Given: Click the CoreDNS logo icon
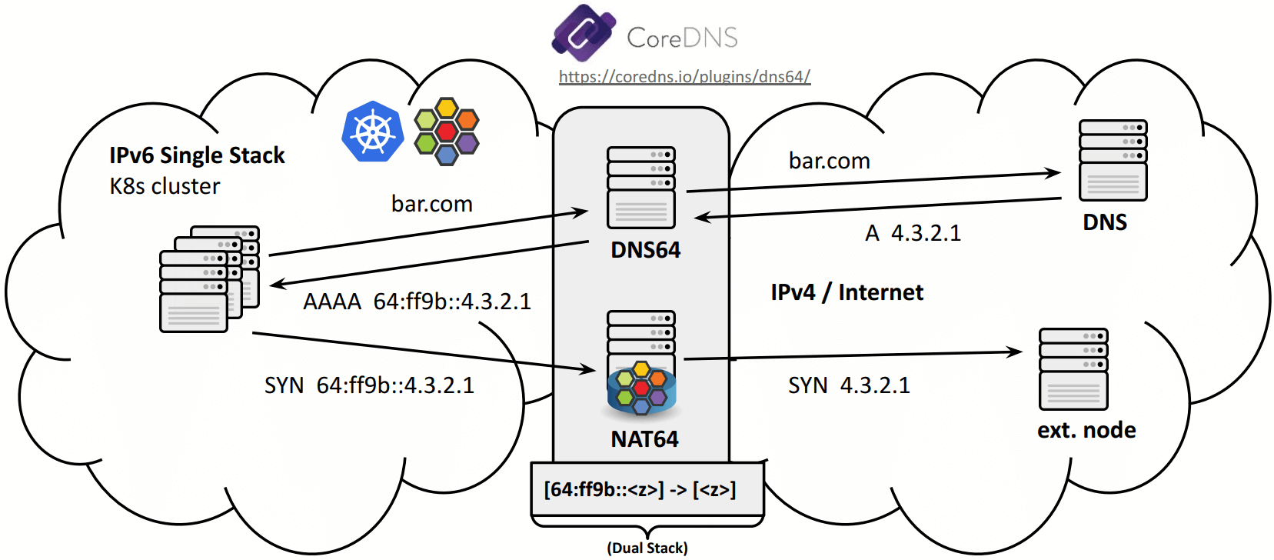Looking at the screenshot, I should [584, 33].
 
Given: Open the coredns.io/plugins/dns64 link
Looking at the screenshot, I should [684, 77].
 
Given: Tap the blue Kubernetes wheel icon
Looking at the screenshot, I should [373, 132].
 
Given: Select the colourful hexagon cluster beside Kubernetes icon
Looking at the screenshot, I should [447, 132].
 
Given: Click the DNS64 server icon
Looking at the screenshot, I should [641, 188].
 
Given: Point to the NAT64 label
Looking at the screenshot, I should [644, 439].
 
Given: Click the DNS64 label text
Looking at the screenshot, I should [645, 250].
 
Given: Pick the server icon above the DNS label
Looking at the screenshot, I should [1113, 160].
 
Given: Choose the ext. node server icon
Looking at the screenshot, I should [1073, 369].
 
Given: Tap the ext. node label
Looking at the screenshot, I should [1086, 430].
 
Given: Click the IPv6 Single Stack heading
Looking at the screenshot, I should [197, 155].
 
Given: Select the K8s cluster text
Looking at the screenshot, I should [165, 186].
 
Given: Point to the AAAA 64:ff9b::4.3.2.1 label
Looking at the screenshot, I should [417, 302].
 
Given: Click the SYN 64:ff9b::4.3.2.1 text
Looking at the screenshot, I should [369, 385].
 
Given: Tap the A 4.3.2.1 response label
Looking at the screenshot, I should [913, 233].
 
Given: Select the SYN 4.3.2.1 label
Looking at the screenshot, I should [849, 385].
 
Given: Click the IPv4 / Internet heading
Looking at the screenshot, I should [847, 292].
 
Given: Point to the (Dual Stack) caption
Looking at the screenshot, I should [647, 548].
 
